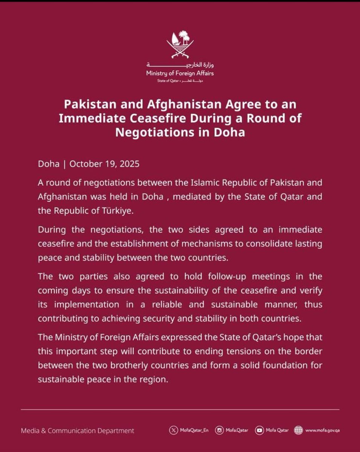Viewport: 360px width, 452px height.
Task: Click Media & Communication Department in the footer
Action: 78,431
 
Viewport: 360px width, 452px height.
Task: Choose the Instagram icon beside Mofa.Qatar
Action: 220,430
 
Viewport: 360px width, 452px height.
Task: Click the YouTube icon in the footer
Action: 259,430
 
